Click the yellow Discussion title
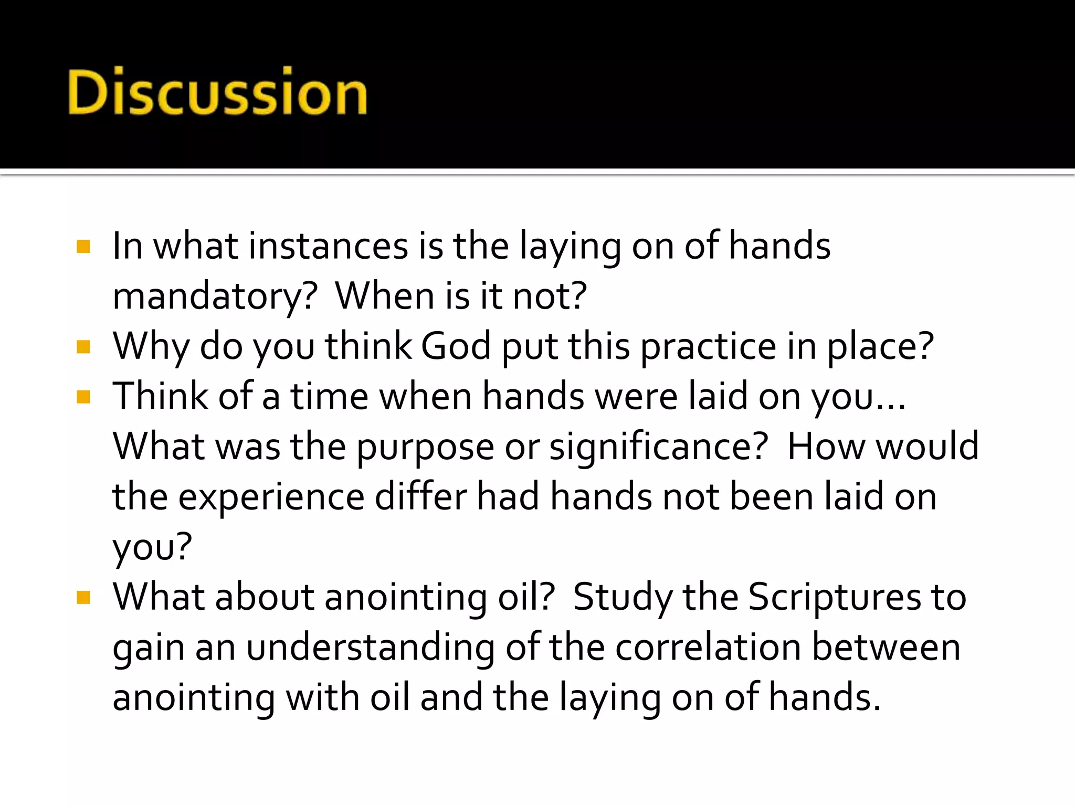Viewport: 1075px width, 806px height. [x=217, y=91]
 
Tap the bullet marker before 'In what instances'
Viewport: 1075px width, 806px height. [x=83, y=247]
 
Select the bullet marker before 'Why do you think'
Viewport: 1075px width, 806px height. [x=83, y=347]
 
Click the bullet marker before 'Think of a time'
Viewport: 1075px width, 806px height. [x=83, y=397]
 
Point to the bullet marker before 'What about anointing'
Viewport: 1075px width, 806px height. [x=83, y=598]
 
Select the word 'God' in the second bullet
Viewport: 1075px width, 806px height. [x=456, y=346]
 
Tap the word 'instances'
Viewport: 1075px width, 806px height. [x=328, y=246]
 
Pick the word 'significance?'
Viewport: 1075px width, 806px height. [x=659, y=447]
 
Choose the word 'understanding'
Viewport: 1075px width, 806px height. [x=370, y=648]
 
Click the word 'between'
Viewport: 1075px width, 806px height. [x=887, y=647]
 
